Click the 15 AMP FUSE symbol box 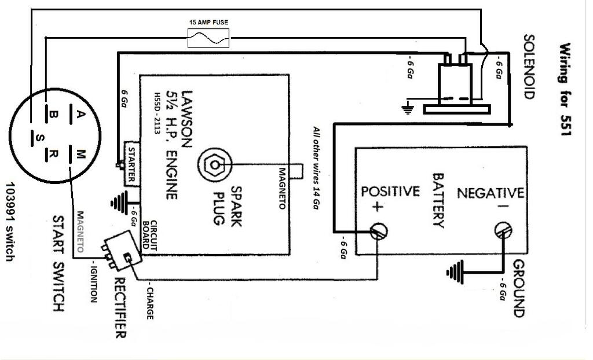(x=208, y=39)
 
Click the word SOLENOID (x=528, y=67)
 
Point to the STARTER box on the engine (x=131, y=163)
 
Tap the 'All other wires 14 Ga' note (x=316, y=168)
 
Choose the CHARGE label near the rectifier (x=149, y=301)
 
